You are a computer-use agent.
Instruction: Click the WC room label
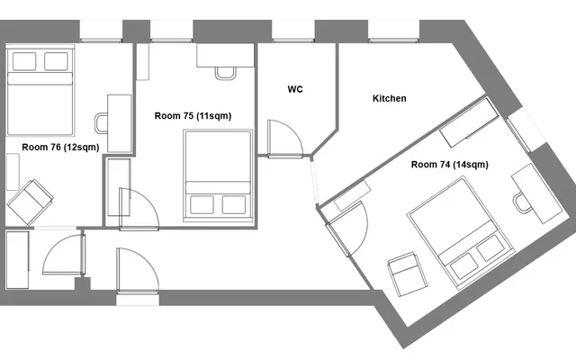pyautogui.click(x=295, y=89)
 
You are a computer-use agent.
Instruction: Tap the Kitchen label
pyautogui.click(x=390, y=98)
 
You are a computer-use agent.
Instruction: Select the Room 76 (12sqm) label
pyautogui.click(x=60, y=148)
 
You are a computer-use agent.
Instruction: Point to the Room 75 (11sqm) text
pyautogui.click(x=193, y=116)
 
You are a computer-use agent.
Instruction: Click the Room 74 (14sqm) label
pyautogui.click(x=450, y=165)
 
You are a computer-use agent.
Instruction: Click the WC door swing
pyautogui.click(x=285, y=139)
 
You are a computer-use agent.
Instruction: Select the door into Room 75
pyautogui.click(x=139, y=210)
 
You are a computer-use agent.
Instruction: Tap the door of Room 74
pyautogui.click(x=347, y=229)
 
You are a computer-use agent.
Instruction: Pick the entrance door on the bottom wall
pyautogui.click(x=138, y=271)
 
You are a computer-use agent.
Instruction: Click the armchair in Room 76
pyautogui.click(x=30, y=202)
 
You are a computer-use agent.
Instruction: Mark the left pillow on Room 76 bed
pyautogui.click(x=24, y=61)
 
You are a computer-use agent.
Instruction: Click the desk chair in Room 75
pyautogui.click(x=225, y=74)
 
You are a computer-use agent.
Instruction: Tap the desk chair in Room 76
pyautogui.click(x=102, y=123)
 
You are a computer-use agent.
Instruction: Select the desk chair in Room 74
pyautogui.click(x=522, y=203)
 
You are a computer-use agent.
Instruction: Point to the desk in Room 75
pyautogui.click(x=225, y=56)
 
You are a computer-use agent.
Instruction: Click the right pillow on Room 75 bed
pyautogui.click(x=234, y=204)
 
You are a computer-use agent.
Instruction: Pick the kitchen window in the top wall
pyautogui.click(x=394, y=31)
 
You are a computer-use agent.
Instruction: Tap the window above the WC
pyautogui.click(x=293, y=31)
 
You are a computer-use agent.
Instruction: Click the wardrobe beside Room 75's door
pyautogui.click(x=119, y=187)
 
